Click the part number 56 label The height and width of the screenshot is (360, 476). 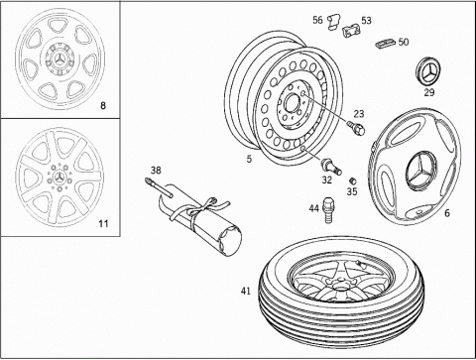pyautogui.click(x=317, y=20)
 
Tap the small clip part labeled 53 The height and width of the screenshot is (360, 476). pyautogui.click(x=351, y=31)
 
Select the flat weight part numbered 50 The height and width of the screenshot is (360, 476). pyautogui.click(x=385, y=44)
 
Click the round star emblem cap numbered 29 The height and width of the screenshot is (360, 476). pyautogui.click(x=427, y=71)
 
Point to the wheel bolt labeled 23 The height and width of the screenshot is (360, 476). pyautogui.click(x=356, y=128)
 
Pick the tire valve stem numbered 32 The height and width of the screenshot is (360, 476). pyautogui.click(x=331, y=167)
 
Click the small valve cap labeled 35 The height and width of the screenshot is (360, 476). pyautogui.click(x=353, y=180)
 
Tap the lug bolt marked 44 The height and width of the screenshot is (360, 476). pyautogui.click(x=327, y=210)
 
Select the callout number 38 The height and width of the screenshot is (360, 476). pyautogui.click(x=156, y=171)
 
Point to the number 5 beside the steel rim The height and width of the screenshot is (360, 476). pyautogui.click(x=249, y=159)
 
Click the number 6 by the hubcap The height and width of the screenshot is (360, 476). pyautogui.click(x=447, y=213)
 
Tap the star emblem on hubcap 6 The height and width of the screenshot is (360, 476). pyautogui.click(x=422, y=171)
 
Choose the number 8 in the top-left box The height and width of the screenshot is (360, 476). pyautogui.click(x=103, y=106)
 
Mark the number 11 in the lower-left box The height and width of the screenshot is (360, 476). pyautogui.click(x=103, y=224)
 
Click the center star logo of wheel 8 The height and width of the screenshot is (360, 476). pyautogui.click(x=59, y=60)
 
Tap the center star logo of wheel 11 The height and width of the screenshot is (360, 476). pyautogui.click(x=59, y=178)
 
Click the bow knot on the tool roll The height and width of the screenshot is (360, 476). pyautogui.click(x=209, y=204)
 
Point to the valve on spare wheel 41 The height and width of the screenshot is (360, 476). pyautogui.click(x=361, y=264)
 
